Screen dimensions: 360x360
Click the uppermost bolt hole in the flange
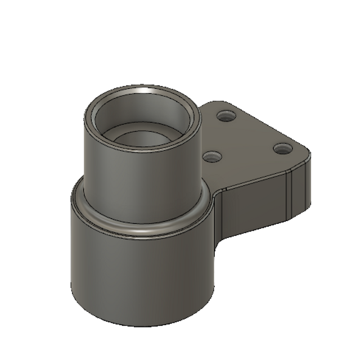[226, 116]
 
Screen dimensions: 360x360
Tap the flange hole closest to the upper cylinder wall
[211, 157]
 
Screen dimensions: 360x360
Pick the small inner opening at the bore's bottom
[141, 141]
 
